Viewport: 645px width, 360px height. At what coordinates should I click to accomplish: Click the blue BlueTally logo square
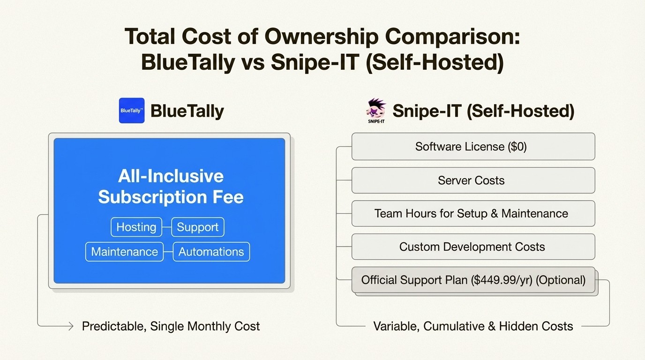pos(132,111)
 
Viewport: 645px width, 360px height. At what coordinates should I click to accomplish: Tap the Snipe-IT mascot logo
pos(376,110)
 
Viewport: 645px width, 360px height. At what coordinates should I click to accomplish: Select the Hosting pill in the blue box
pos(136,227)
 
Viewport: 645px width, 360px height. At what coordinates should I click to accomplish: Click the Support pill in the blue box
pos(197,227)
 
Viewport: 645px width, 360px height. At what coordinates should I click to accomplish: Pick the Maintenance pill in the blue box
pos(124,252)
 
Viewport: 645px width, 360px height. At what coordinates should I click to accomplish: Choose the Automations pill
pos(211,252)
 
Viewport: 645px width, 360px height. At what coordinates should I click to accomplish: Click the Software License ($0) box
pos(473,147)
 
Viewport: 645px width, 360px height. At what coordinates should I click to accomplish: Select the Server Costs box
pos(473,180)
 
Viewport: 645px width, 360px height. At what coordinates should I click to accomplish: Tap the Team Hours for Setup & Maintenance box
pos(473,214)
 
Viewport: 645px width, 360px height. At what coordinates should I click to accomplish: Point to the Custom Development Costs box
pos(473,247)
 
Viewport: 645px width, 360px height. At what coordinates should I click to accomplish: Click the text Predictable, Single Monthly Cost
pos(171,326)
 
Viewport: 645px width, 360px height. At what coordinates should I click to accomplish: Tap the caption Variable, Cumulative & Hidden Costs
pos(473,326)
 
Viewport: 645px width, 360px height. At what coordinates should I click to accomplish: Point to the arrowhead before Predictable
pos(71,326)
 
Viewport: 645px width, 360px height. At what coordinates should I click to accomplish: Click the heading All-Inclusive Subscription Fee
pos(171,187)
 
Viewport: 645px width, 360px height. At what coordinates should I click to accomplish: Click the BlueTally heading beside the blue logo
pos(187,111)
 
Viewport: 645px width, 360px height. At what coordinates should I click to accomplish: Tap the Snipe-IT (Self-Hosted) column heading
pos(483,111)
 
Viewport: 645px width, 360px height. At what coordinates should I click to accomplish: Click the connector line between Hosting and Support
pos(167,227)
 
